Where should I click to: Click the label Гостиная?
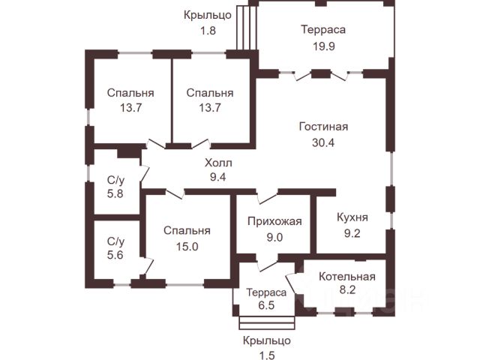point(322,127)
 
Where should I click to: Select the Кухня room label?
point(352,218)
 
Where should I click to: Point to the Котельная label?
point(346,276)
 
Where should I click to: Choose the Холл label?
point(218,162)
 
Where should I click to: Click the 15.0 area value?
point(188,246)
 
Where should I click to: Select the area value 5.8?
point(115,193)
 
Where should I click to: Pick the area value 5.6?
point(115,255)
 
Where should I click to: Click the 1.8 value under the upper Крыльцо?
point(208,31)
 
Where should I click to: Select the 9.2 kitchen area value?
point(352,233)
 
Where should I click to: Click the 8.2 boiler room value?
point(346,291)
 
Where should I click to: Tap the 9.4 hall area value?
point(218,177)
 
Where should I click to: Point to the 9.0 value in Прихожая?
point(274,238)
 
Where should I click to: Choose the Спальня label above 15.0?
point(188,231)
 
